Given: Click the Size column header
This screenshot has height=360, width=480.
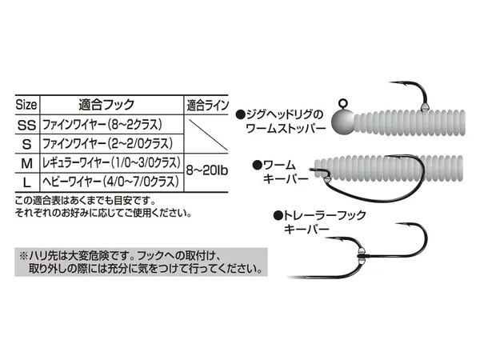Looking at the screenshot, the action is (x=26, y=105).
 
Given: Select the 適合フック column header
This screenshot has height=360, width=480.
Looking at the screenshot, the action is (x=106, y=105).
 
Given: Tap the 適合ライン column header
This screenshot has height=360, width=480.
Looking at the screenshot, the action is (x=207, y=106).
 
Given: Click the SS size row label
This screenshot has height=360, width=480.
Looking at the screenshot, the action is (x=26, y=126).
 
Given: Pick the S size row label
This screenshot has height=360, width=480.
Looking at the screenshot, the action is (x=27, y=144).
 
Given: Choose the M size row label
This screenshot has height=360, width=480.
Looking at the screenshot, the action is (x=27, y=163).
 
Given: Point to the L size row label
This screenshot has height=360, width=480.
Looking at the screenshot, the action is (x=27, y=182).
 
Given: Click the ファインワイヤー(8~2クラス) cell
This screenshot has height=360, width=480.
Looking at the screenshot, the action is (x=102, y=125).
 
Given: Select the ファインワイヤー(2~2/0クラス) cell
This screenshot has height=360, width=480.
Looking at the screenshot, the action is (x=107, y=143).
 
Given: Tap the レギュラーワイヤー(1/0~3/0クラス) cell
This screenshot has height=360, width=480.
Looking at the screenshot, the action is (x=111, y=162).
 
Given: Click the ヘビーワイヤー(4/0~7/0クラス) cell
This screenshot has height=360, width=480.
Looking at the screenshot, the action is (x=110, y=182).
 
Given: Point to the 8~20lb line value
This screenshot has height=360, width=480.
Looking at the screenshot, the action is (x=207, y=170).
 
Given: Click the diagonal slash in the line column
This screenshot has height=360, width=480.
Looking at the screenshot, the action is (x=208, y=134).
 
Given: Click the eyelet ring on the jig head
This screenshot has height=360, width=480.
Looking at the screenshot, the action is (x=343, y=103).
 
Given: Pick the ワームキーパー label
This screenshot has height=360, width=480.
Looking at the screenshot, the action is (x=280, y=172).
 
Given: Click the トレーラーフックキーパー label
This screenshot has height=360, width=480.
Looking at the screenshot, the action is (x=319, y=222).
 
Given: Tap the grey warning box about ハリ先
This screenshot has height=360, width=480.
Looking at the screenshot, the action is (x=141, y=262).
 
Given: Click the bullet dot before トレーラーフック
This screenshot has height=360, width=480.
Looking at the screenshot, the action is (x=278, y=216).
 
